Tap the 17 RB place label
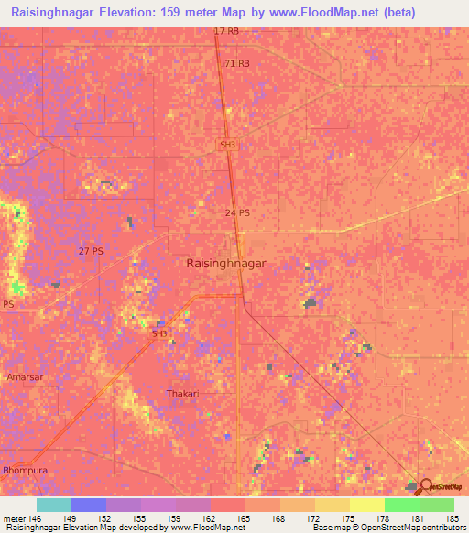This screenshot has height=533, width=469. point(225,31)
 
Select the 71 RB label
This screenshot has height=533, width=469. point(236,63)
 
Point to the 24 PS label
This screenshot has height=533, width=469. point(236,212)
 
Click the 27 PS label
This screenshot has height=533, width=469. point(91,251)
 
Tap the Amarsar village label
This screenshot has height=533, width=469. point(20,376)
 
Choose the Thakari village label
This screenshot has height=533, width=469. point(181,393)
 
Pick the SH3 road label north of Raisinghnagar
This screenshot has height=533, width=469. point(227,145)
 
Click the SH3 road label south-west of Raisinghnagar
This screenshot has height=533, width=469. point(159,333)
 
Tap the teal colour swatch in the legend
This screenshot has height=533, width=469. point(53,505)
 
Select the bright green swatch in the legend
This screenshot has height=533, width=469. point(401,505)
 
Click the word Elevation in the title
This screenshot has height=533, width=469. point(135,13)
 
